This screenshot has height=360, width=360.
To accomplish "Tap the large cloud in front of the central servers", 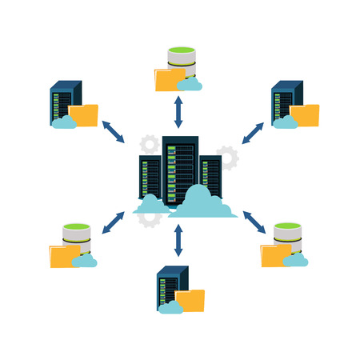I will click(202, 203).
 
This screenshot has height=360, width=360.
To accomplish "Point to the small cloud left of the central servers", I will click(150, 206).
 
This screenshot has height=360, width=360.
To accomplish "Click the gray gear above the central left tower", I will click(150, 145).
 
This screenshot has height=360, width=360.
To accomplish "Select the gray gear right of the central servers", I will click(229, 157).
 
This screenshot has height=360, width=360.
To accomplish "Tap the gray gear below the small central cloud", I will click(150, 219).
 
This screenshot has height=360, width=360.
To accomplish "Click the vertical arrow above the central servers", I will click(178, 111).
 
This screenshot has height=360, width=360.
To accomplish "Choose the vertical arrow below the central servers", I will click(178, 240).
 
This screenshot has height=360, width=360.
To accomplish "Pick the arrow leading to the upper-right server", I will click(253, 133).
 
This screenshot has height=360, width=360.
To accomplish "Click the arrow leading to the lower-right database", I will click(254, 221).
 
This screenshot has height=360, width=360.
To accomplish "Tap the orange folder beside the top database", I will click(169, 80).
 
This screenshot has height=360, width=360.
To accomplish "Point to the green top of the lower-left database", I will click(76, 227).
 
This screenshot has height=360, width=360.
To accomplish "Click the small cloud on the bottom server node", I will click(170, 307).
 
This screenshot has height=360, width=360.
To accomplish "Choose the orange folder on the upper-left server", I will click(84, 115).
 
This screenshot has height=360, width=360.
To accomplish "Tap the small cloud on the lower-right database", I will click(295, 259).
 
